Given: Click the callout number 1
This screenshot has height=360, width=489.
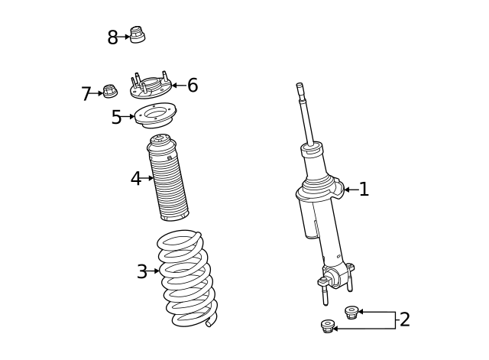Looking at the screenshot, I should click(x=364, y=189).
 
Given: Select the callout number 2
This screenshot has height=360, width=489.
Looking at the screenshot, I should click(x=404, y=319).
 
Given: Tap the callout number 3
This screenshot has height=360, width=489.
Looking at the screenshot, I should click(x=142, y=271).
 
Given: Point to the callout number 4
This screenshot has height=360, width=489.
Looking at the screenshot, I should click(x=136, y=179).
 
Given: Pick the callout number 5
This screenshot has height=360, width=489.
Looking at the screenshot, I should click(x=116, y=117).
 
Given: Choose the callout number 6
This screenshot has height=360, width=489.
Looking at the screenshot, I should click(x=193, y=86).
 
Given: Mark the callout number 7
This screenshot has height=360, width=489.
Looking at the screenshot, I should click(x=86, y=94).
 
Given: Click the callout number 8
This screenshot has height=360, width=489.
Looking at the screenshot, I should click(x=112, y=37).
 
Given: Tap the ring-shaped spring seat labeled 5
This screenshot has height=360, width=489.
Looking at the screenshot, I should click(x=155, y=117).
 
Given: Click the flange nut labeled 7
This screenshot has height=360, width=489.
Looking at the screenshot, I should click(x=109, y=92).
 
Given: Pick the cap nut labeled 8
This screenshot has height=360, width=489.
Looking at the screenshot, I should click(x=138, y=34).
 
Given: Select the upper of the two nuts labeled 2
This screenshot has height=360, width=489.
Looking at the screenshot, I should click(x=351, y=312).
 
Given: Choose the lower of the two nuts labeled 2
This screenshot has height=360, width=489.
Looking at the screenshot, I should click(x=328, y=327).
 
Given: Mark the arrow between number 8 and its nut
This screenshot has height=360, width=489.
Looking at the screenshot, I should click(x=125, y=37).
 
